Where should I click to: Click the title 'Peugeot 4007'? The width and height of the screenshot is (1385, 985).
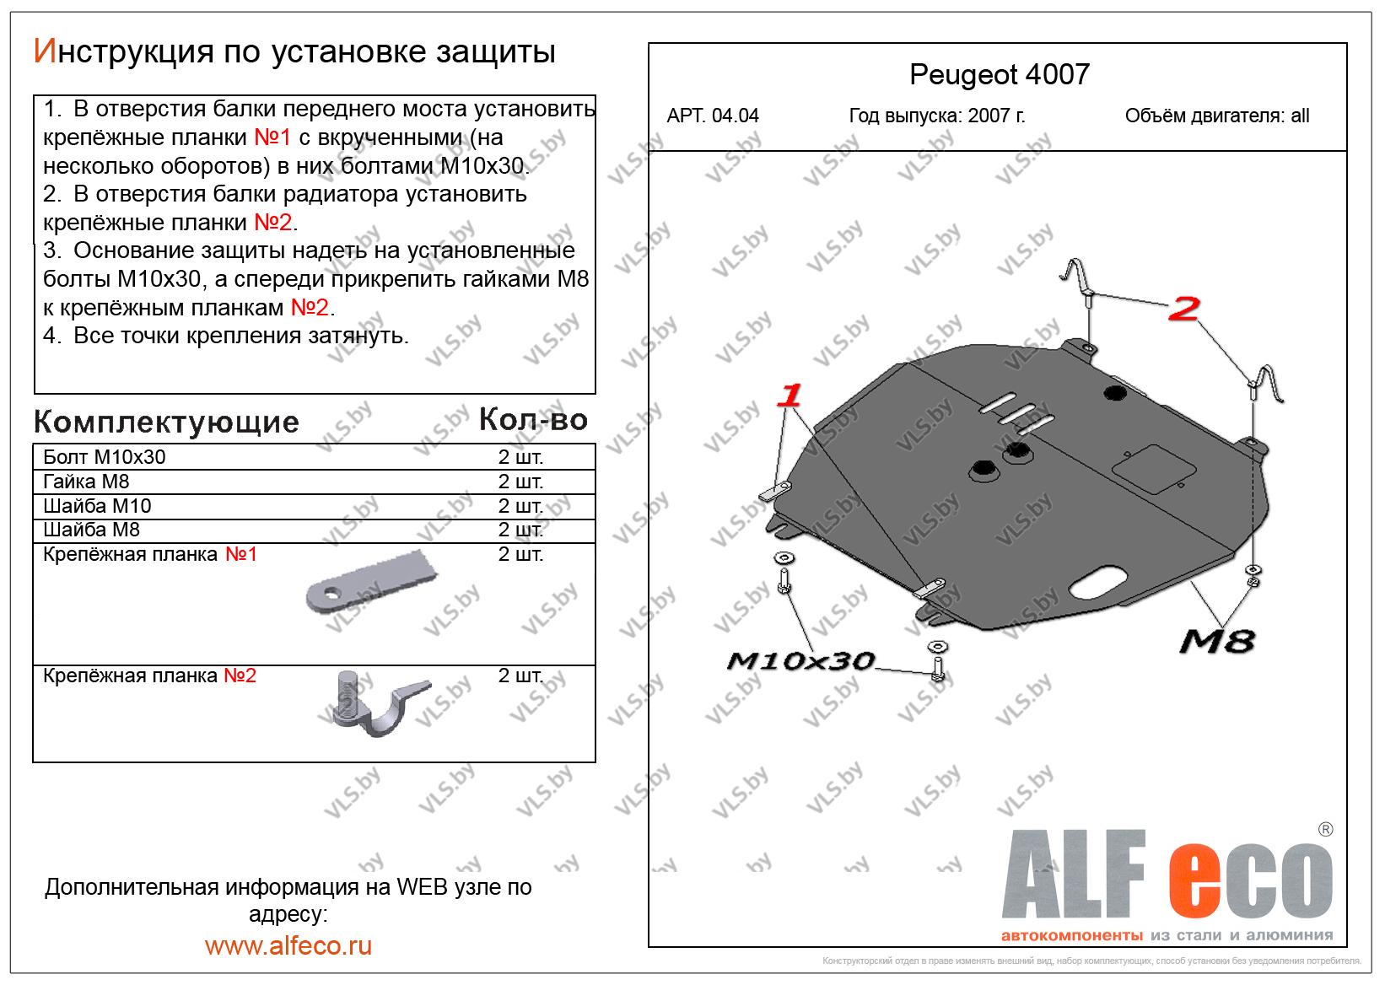(x=999, y=75)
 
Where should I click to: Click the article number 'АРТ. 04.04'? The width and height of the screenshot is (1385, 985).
(x=713, y=116)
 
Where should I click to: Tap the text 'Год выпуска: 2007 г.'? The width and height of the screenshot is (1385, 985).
(x=936, y=116)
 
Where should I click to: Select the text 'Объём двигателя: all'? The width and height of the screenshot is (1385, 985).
(x=1216, y=116)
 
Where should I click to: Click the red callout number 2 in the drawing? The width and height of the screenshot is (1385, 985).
(x=1184, y=309)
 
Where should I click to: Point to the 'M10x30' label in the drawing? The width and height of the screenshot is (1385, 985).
(x=800, y=660)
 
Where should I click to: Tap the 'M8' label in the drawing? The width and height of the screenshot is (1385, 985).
(x=1215, y=642)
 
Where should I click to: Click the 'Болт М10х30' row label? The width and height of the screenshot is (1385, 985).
(x=104, y=457)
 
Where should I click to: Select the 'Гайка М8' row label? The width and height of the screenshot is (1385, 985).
(x=86, y=482)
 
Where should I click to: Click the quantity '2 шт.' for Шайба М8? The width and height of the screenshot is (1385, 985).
(x=520, y=530)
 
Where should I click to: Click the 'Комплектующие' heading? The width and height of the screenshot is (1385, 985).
(x=166, y=422)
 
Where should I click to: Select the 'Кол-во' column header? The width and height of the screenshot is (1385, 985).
(x=532, y=419)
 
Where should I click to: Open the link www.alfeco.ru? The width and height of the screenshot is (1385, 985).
(x=288, y=945)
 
